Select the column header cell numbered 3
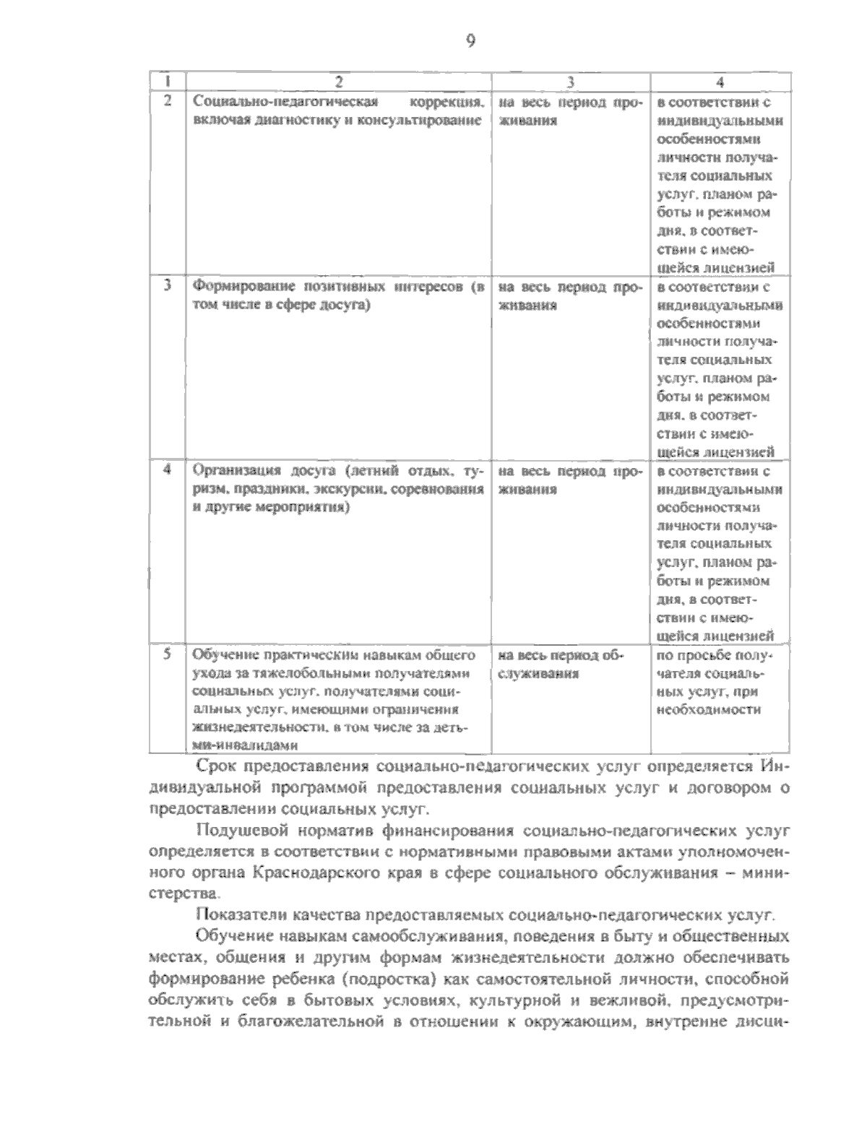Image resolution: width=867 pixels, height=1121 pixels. [571, 81]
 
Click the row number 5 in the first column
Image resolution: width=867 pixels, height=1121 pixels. [167, 655]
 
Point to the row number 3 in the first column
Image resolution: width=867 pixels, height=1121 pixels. [167, 286]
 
